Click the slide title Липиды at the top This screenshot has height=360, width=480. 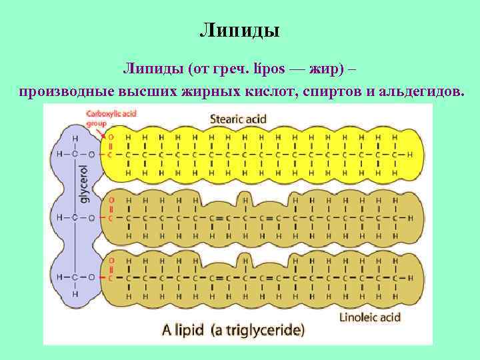(239, 31)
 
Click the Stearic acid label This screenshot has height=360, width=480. (238, 119)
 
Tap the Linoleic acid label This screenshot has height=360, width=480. (370, 317)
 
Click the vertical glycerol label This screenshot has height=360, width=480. (85, 183)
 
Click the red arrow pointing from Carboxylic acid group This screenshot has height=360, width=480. (102, 133)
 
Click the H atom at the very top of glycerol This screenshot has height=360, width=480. (75, 138)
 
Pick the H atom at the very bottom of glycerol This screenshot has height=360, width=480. (75, 294)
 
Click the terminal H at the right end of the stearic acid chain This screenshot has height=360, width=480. (409, 154)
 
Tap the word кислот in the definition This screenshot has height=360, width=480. (270, 91)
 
